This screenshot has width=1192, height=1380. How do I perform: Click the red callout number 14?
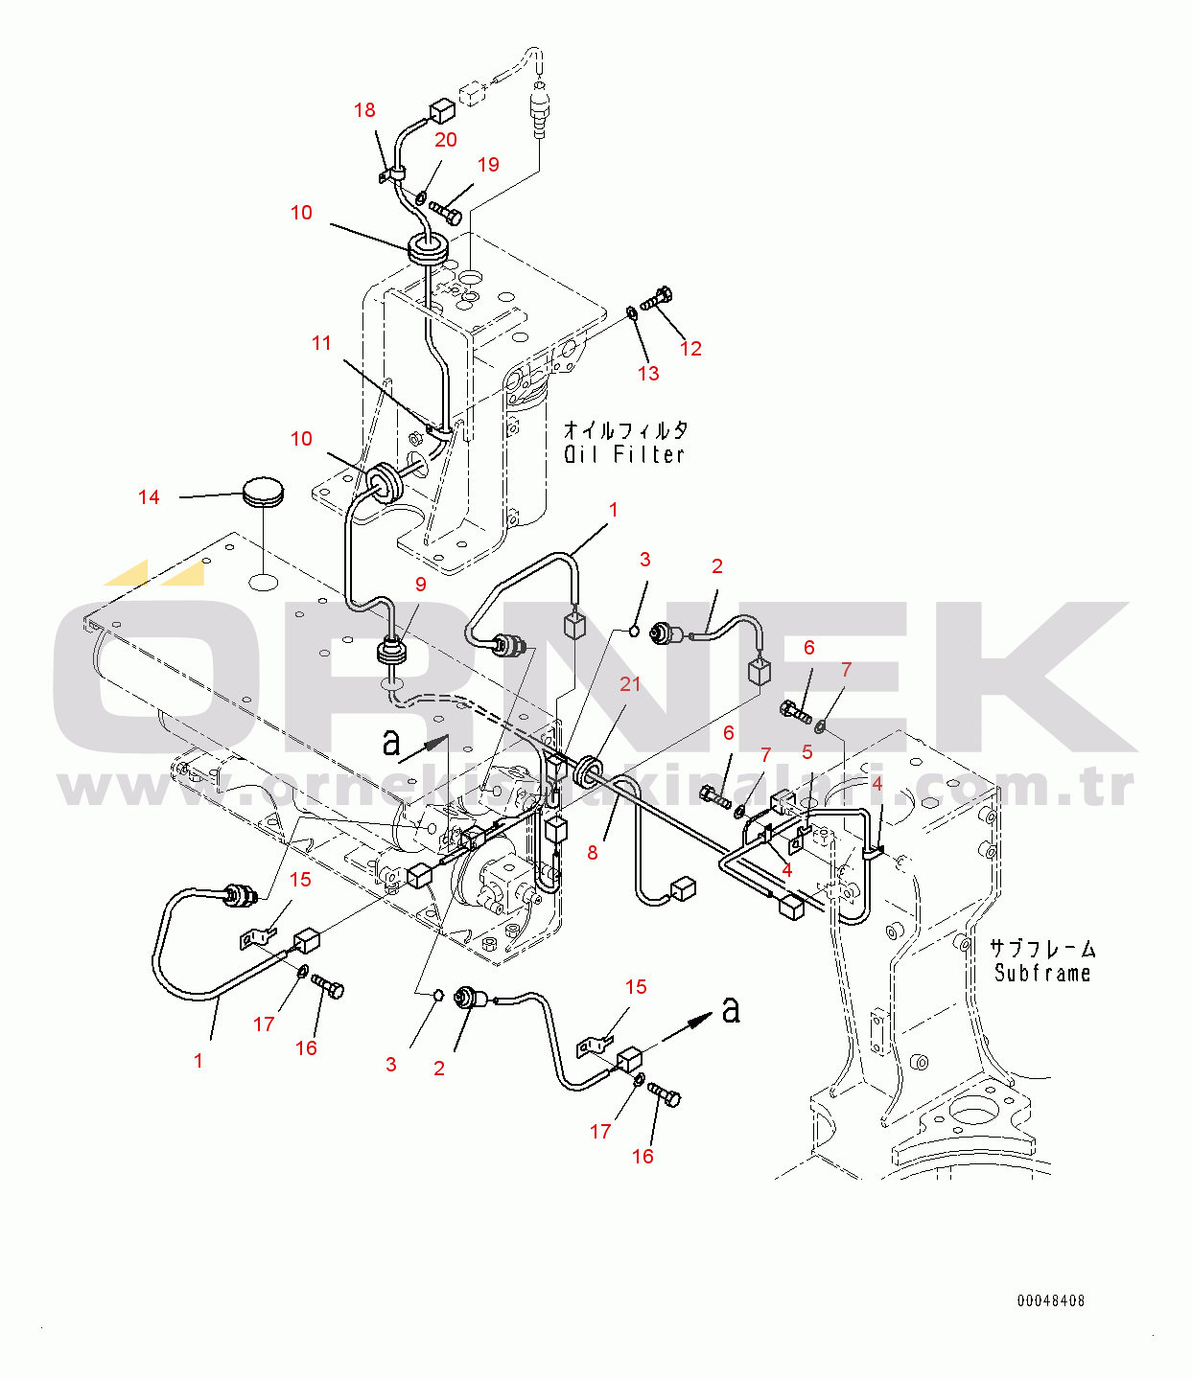coord(149,497)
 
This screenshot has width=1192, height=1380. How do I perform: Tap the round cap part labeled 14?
coord(263,491)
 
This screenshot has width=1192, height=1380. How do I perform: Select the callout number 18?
coord(364,110)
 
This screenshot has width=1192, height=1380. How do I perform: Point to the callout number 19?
coord(488,164)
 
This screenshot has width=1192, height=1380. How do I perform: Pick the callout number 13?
coord(648,373)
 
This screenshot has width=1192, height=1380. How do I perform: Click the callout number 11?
coord(322,343)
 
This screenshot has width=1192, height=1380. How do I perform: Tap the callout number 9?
coord(420,585)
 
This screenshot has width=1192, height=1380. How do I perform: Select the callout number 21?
coord(629,683)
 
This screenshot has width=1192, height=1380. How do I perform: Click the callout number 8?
coord(592,853)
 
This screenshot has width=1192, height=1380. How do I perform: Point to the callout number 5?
coord(807,751)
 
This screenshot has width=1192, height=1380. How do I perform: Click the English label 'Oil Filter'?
coord(624,454)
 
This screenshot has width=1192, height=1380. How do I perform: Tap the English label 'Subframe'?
coord(1042,973)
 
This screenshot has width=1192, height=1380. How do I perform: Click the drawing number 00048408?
coord(1051,1300)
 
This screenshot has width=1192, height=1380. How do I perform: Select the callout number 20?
coord(446,140)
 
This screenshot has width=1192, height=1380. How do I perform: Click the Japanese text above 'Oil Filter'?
coord(625,430)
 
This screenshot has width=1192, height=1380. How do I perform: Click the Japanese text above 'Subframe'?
coord(1042,948)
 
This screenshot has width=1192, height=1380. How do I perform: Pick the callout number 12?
coord(690,349)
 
